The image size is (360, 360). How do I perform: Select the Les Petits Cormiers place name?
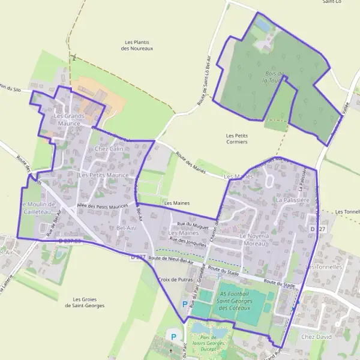pos(237,139)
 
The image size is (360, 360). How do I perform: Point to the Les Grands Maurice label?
pos(69,119)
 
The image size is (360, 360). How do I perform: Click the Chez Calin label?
pos(109,148)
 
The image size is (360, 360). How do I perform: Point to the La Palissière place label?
pos(292,198)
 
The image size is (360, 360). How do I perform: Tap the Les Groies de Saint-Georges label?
pos(85,302)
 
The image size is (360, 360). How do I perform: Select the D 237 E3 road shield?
pos(70,241)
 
